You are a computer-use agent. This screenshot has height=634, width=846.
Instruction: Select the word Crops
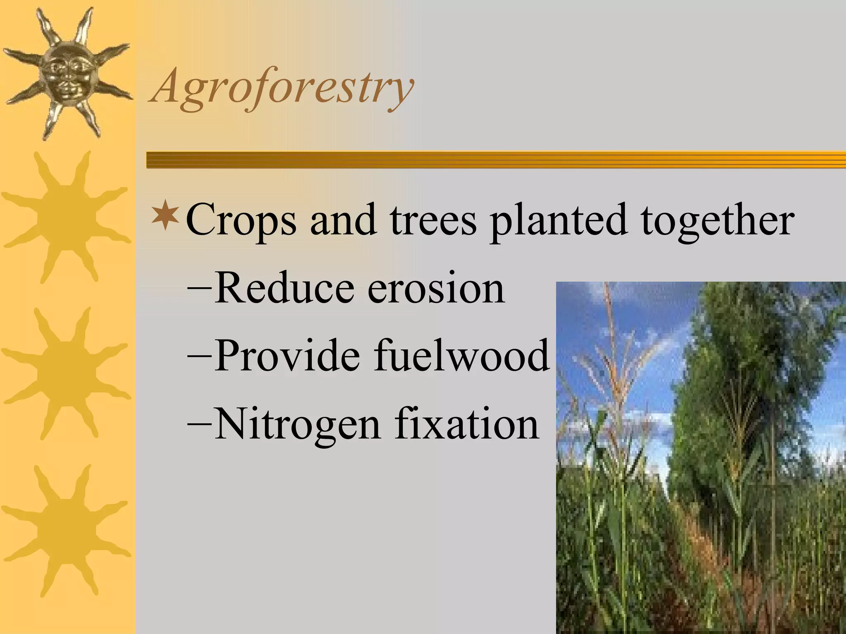241,221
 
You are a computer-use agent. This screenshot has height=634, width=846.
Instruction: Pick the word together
717,221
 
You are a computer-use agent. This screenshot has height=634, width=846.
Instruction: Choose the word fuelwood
462,355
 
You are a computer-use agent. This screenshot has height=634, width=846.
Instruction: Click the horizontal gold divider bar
496,160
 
